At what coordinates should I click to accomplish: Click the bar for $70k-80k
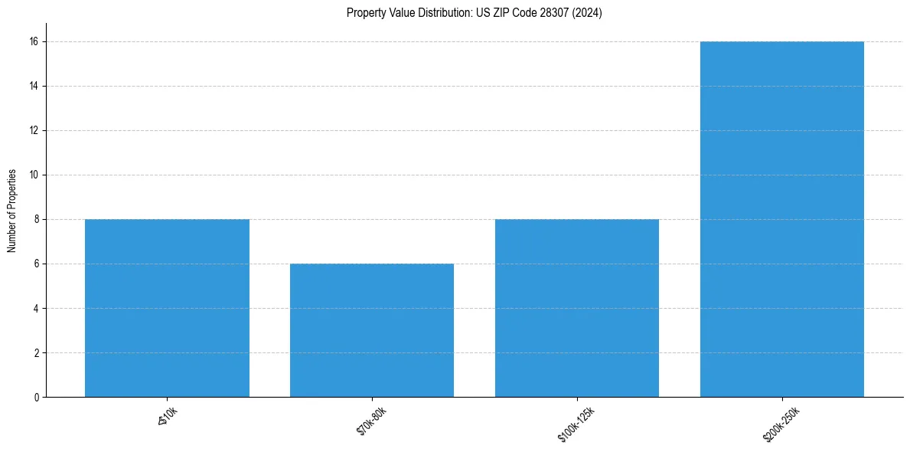[372, 330]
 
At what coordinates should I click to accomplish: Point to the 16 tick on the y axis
[34, 41]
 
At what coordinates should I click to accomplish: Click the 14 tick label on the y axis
[34, 86]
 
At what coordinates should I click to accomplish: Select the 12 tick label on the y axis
[34, 130]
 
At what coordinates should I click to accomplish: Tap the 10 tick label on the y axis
[34, 175]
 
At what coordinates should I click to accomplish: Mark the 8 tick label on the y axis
[37, 219]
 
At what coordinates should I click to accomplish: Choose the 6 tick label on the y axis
[37, 264]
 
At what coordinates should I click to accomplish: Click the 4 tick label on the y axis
[37, 309]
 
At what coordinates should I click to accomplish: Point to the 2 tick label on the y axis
[37, 353]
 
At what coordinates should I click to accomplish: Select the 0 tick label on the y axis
[37, 398]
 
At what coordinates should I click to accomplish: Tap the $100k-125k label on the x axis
[576, 424]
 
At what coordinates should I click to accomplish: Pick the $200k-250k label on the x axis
[781, 424]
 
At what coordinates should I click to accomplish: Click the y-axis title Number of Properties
[12, 211]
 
